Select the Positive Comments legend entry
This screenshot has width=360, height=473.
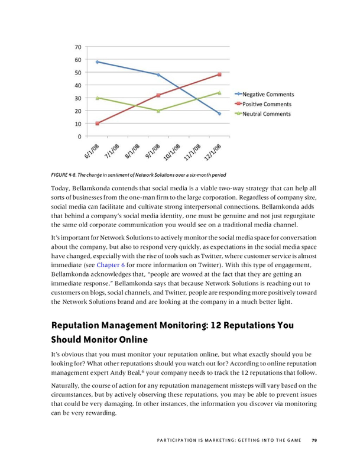(270, 104)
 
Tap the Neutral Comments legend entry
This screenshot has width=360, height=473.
(269, 114)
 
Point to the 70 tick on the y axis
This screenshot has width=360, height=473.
(78, 47)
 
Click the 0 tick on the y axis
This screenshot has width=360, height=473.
(80, 137)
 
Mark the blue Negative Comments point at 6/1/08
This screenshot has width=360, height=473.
(97, 61)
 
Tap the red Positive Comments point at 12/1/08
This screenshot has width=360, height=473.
(219, 74)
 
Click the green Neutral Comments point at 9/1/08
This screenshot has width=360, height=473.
(158, 111)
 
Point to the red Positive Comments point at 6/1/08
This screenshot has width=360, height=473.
(97, 124)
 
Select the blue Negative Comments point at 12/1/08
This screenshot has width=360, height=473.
(219, 113)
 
